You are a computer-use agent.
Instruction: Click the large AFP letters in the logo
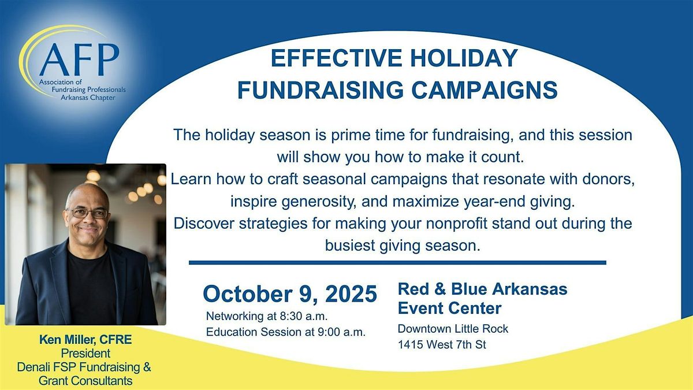pyautogui.click(x=80, y=60)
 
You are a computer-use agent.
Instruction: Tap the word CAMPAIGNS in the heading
pyautogui.click(x=485, y=90)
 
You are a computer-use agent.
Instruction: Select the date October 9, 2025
pyautogui.click(x=290, y=294)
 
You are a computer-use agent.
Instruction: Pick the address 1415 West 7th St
pyautogui.click(x=442, y=344)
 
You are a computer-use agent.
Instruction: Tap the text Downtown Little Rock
pyautogui.click(x=453, y=329)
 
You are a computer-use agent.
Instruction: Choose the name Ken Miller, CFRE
pyautogui.click(x=85, y=340)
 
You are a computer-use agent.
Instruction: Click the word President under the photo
pyautogui.click(x=85, y=353)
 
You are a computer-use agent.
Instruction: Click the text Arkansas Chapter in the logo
pyautogui.click(x=88, y=98)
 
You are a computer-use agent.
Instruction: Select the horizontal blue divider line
pyautogui.click(x=397, y=263)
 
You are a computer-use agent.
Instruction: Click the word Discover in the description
pyautogui.click(x=204, y=224)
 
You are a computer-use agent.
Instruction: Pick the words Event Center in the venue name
pyautogui.click(x=449, y=309)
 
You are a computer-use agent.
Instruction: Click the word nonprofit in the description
pyautogui.click(x=457, y=224)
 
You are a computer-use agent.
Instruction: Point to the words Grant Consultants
pyautogui.click(x=85, y=381)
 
